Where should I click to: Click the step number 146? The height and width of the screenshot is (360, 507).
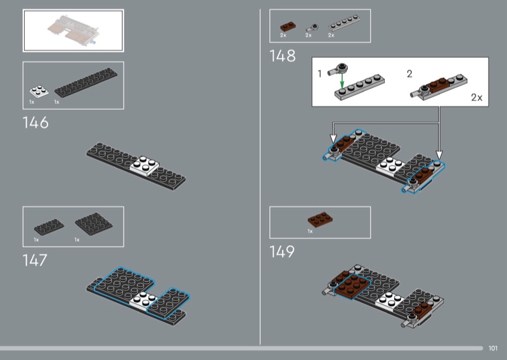click(x=35, y=123)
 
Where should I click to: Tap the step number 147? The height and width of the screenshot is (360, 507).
click(x=35, y=260)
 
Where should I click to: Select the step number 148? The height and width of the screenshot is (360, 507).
click(x=283, y=56)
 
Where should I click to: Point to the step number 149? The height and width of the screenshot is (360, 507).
click(x=282, y=252)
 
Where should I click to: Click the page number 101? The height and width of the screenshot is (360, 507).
click(x=493, y=348)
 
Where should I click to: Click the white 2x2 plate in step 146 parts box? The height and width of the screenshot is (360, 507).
click(x=39, y=91)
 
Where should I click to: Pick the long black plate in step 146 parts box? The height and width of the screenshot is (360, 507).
click(x=86, y=82)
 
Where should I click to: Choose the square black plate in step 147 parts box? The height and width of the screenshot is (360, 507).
click(x=94, y=224)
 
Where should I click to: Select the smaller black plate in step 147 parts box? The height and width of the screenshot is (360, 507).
click(x=49, y=227)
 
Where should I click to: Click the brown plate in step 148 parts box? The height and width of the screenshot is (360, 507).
click(x=288, y=27)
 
